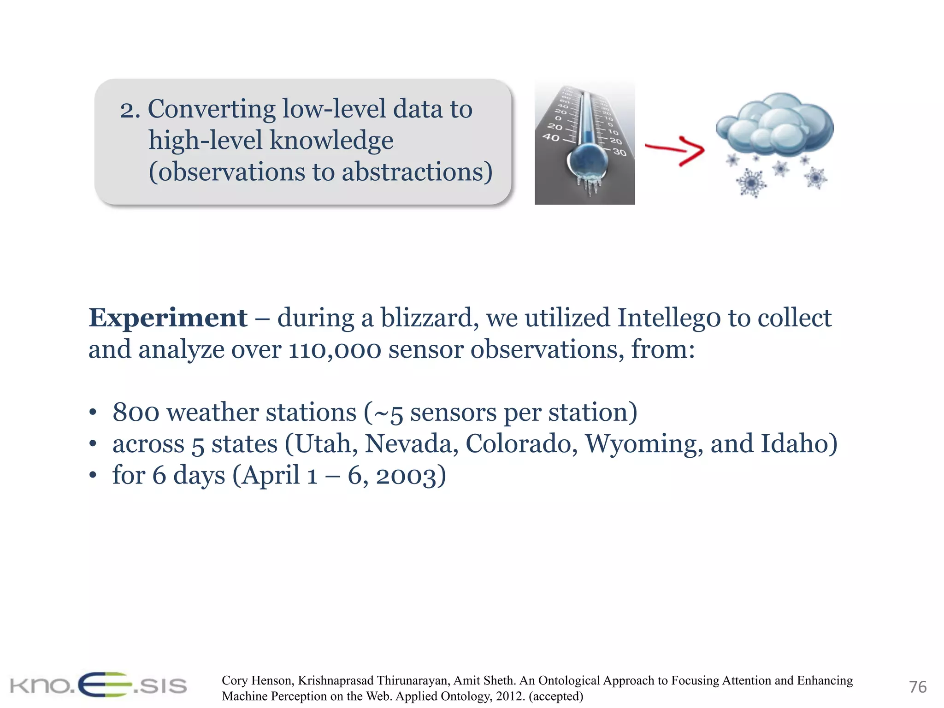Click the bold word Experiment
[168, 318]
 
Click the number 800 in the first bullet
[136, 413]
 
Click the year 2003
[406, 476]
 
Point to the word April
[271, 476]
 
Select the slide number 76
[917, 687]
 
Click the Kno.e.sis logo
[98, 685]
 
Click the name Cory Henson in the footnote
[256, 680]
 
